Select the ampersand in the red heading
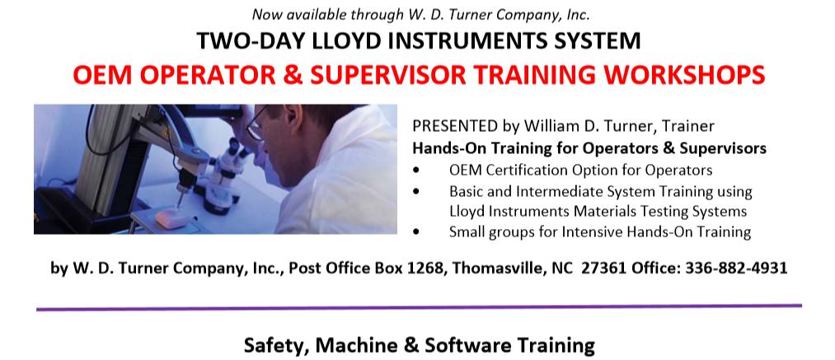point(293,75)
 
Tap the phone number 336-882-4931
point(736,268)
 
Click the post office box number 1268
point(425,268)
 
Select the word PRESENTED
point(455,126)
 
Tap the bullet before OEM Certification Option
point(416,171)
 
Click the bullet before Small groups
point(416,232)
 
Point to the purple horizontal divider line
point(419,307)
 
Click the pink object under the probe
point(171,217)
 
